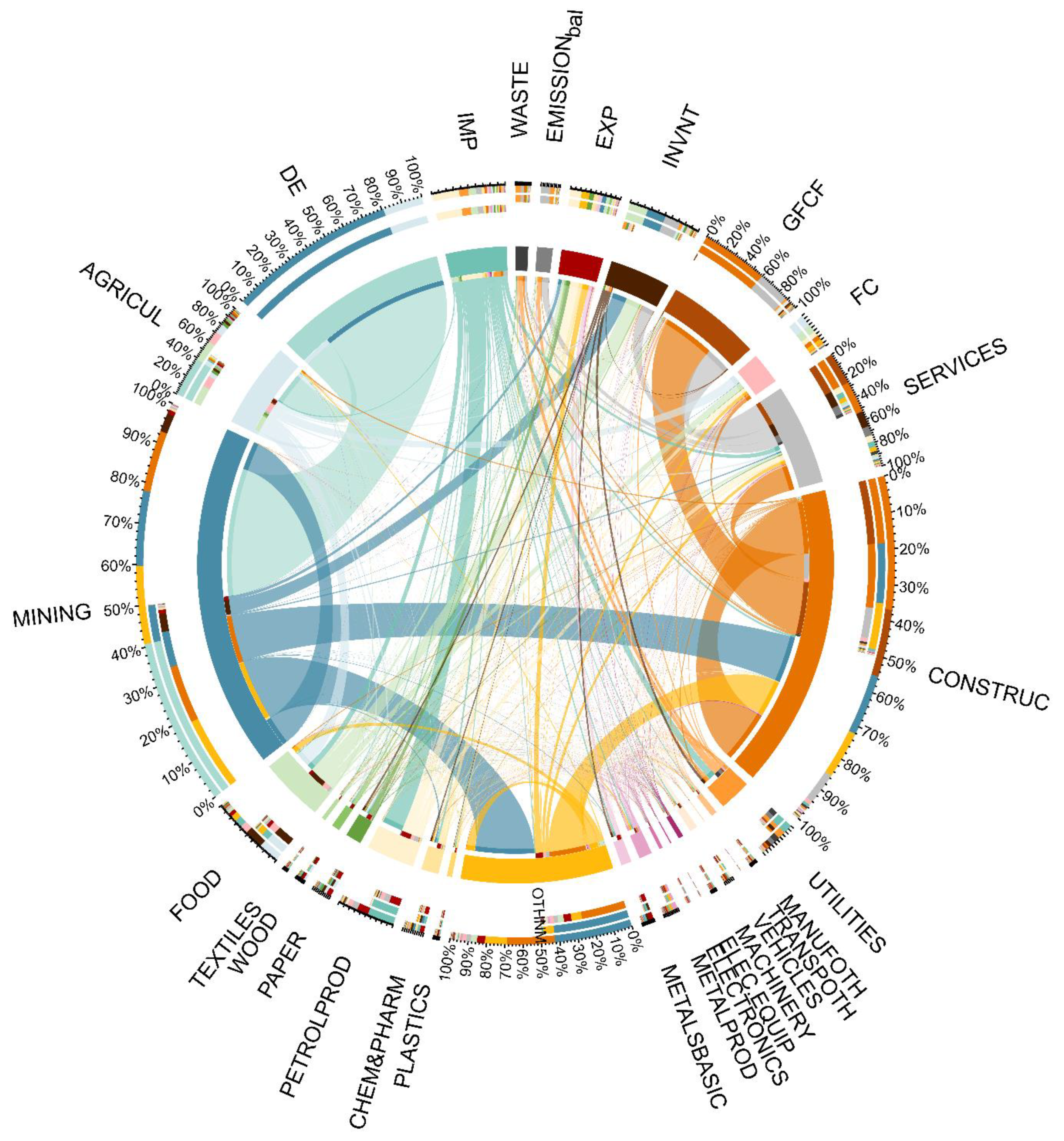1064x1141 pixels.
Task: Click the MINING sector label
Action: pos(52,615)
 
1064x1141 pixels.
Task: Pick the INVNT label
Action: pos(681,137)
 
